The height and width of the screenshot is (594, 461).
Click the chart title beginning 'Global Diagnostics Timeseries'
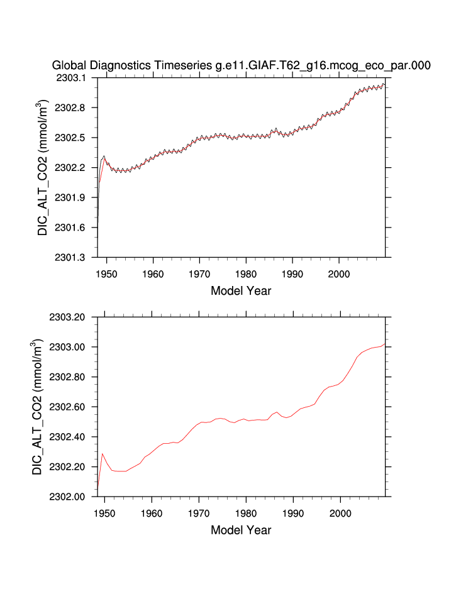point(241,65)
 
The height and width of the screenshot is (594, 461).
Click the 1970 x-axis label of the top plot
point(199,275)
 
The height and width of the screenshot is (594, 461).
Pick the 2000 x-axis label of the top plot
point(339,275)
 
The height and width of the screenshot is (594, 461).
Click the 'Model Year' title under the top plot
point(241,291)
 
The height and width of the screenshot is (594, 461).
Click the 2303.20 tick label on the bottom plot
point(72,317)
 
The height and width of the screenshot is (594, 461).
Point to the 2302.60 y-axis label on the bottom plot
point(72,407)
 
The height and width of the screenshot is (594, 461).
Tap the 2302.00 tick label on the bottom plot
point(72,497)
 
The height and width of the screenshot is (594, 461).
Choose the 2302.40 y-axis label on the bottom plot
point(72,437)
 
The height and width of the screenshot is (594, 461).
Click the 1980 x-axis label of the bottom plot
point(246,514)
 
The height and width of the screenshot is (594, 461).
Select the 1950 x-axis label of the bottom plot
point(104,514)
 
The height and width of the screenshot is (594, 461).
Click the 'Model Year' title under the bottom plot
point(241,530)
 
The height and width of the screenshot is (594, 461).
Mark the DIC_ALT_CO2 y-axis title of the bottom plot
point(38,407)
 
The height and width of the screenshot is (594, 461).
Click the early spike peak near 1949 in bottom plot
point(103,453)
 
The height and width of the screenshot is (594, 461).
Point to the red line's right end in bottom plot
point(384,343)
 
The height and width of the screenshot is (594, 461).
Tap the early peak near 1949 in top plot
point(104,156)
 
